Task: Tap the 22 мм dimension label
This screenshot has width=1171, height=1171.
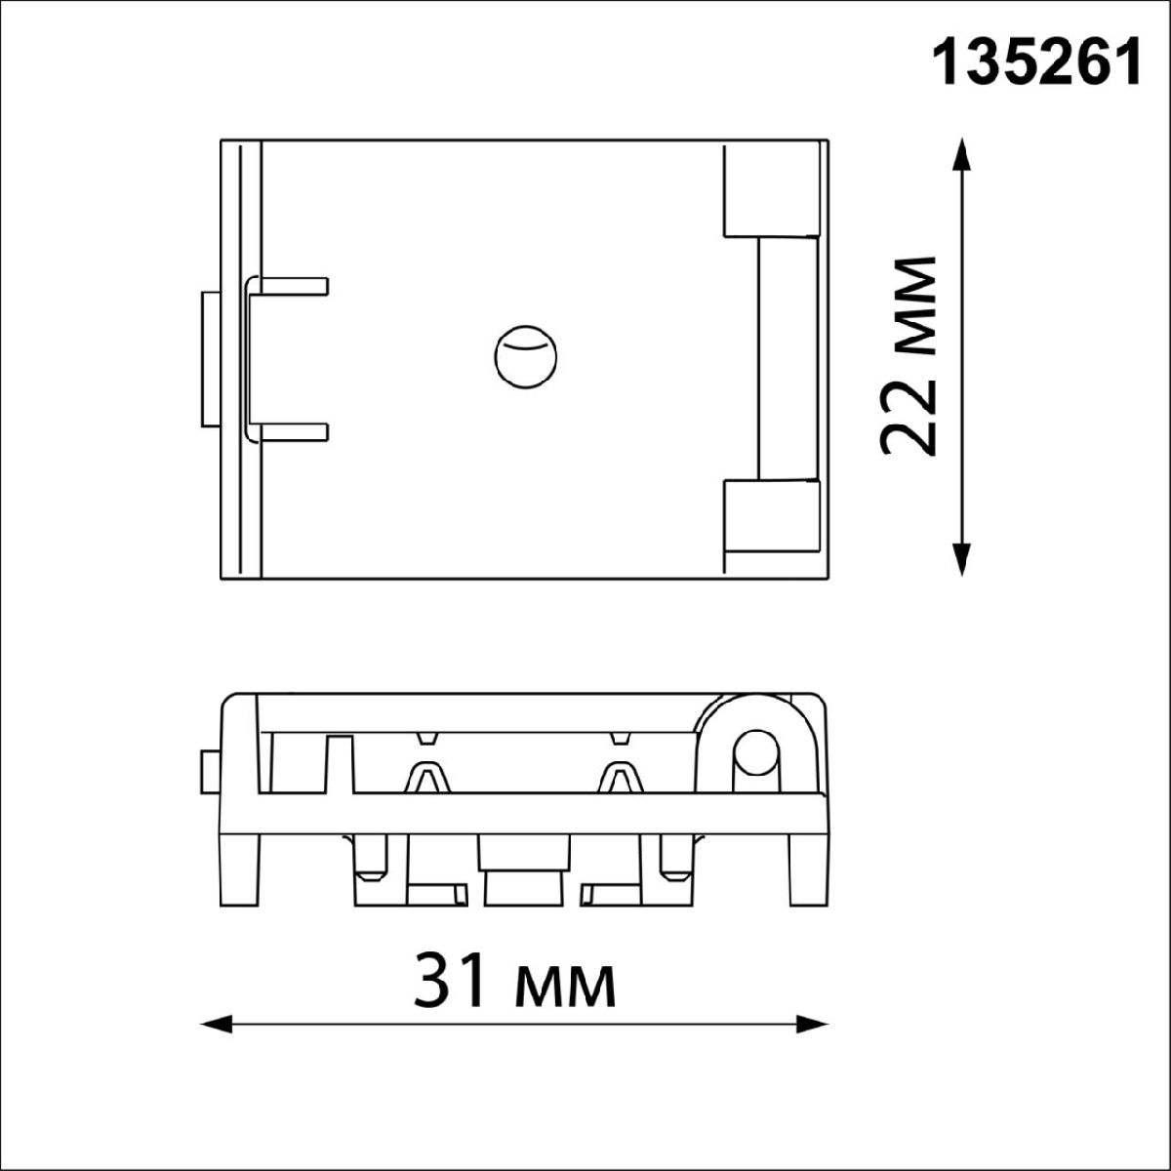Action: click(908, 356)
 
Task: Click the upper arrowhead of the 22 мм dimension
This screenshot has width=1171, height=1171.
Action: click(961, 155)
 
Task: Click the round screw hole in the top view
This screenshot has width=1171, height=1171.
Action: click(526, 358)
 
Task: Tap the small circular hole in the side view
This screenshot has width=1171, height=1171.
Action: click(754, 753)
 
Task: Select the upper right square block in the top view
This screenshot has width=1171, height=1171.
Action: click(772, 189)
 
